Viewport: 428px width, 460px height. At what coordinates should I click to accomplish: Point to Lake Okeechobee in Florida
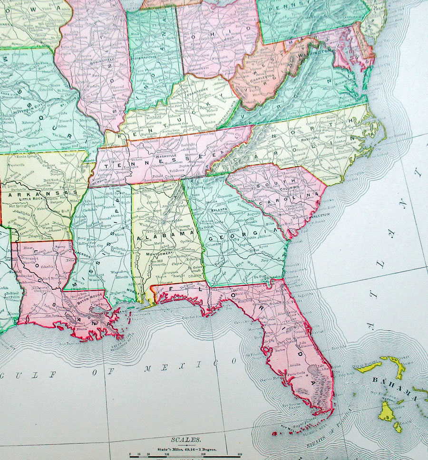click(312, 369)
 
